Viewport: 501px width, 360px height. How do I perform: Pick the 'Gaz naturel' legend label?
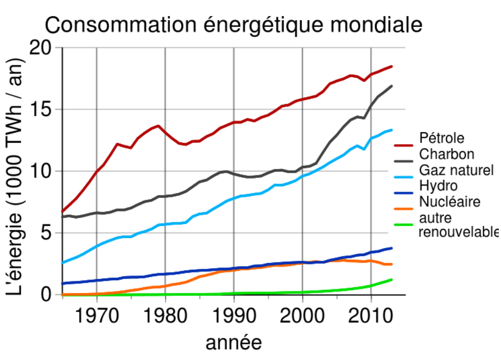point(456,170)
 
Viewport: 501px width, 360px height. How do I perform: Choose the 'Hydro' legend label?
point(438,186)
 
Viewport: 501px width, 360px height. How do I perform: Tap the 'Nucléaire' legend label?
point(449,202)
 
